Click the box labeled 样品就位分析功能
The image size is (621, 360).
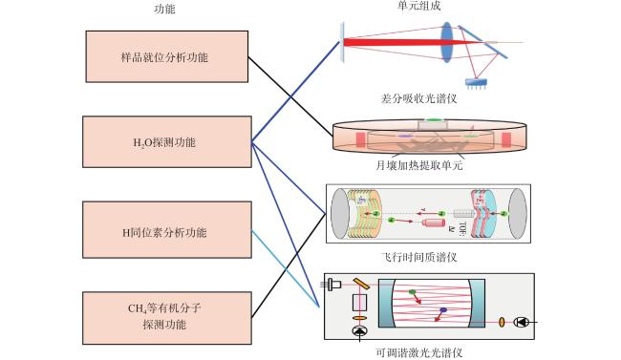[167, 56]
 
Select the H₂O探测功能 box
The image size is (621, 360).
[167, 141]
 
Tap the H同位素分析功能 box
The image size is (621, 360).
[167, 230]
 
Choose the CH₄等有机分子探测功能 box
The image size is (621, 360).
[167, 318]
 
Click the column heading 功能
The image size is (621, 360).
[164, 9]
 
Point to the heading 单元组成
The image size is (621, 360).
[418, 6]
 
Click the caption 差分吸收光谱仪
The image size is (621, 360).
[418, 98]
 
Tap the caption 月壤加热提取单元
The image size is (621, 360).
[418, 165]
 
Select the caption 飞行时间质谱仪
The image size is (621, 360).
[418, 258]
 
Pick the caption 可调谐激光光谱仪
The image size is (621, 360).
[418, 352]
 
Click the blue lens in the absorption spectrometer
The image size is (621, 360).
[447, 42]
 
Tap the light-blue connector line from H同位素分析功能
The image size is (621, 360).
[286, 268]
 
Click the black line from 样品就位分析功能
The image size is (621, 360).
[290, 96]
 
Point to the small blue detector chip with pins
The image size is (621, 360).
[476, 83]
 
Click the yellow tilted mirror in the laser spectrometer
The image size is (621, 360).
[361, 284]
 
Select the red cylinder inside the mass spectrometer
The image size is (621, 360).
[434, 222]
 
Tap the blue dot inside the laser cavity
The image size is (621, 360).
[443, 309]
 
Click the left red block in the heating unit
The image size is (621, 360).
[360, 139]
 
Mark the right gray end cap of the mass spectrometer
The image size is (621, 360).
[517, 214]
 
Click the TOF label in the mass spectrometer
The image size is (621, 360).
[462, 229]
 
